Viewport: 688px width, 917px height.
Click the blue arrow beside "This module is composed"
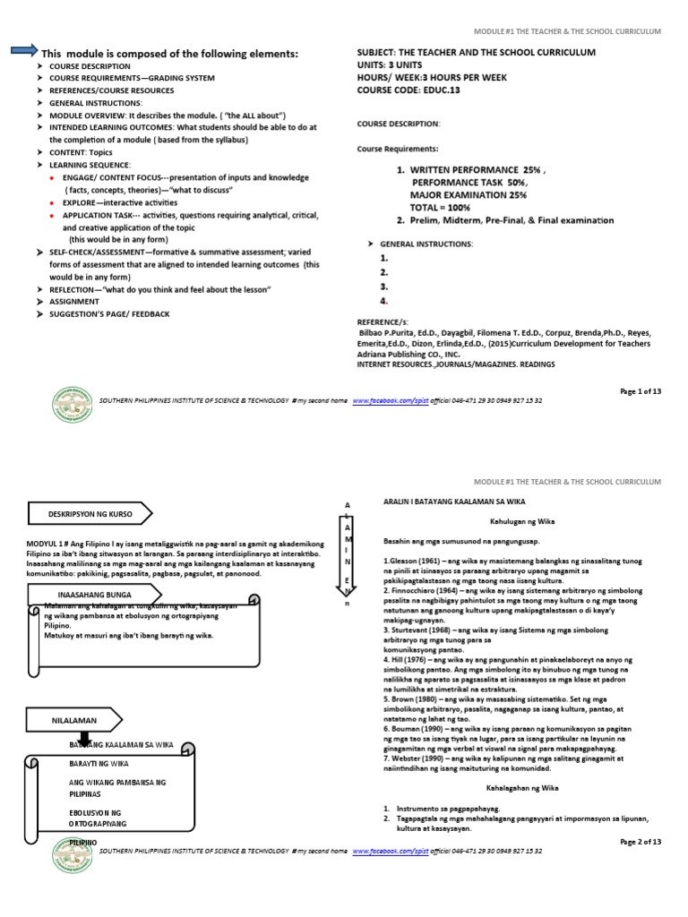coord(23,52)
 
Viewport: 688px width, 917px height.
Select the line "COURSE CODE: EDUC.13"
coord(408,90)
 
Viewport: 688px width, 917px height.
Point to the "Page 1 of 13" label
coord(640,391)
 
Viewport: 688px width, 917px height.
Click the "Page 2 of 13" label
coord(640,842)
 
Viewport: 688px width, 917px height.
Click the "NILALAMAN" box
coord(73,721)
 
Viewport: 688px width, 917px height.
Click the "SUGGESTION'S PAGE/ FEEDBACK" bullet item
coord(109,314)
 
